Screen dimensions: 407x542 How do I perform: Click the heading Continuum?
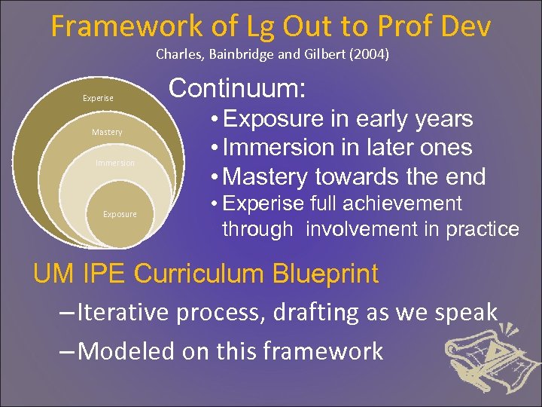tap(237, 89)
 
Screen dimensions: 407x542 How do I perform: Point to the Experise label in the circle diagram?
tap(98, 98)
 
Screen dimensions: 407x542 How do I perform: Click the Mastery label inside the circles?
tap(107, 133)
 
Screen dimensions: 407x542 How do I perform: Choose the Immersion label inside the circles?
tap(115, 163)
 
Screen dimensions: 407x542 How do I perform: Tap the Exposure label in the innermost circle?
tap(120, 215)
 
